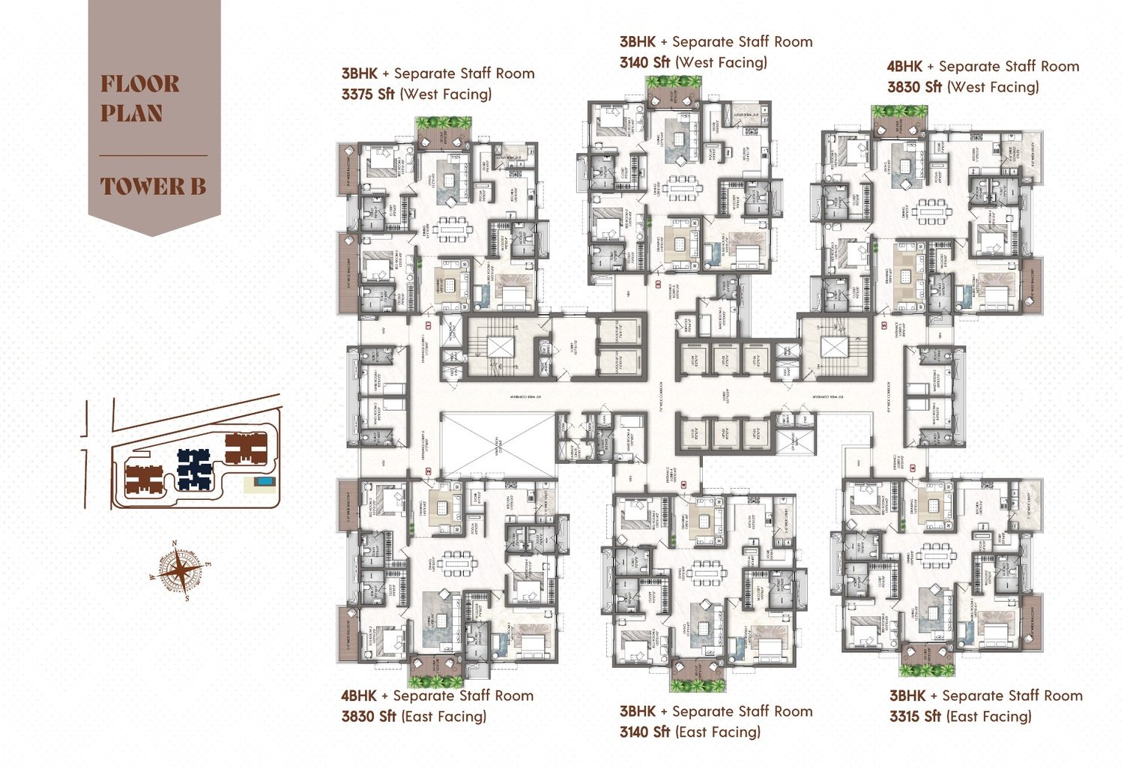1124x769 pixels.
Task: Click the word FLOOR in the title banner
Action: click(x=140, y=83)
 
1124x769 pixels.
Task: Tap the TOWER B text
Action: click(x=153, y=186)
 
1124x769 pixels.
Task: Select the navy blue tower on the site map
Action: click(x=194, y=468)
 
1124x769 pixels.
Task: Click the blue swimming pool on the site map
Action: click(x=263, y=481)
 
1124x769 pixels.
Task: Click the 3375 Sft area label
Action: click(x=368, y=94)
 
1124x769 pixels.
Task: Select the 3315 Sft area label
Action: click(x=915, y=716)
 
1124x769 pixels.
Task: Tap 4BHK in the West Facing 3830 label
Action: click(x=904, y=66)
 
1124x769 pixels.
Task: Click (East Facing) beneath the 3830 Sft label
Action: click(x=444, y=716)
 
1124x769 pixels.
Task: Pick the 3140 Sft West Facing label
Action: click(x=644, y=62)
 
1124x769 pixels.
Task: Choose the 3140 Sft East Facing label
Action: click(x=644, y=732)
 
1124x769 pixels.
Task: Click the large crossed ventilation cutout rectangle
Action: click(x=497, y=445)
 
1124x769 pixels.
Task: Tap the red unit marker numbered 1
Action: click(x=429, y=325)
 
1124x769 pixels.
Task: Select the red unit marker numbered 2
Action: click(x=659, y=285)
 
